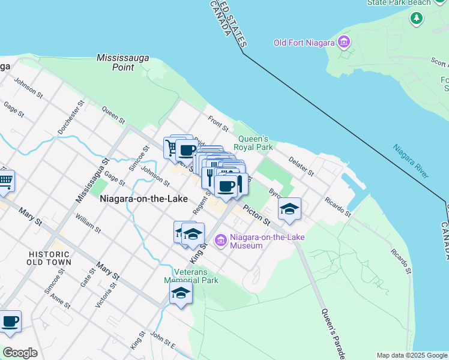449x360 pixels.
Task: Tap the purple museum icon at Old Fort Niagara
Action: pyautogui.click(x=344, y=42)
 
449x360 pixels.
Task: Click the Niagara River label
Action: pyautogui.click(x=411, y=161)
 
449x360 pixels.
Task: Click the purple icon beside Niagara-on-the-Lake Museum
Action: pyautogui.click(x=221, y=241)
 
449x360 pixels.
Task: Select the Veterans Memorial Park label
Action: pyautogui.click(x=191, y=275)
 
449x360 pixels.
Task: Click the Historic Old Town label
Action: pyautogui.click(x=49, y=258)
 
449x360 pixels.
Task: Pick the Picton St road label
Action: pyautogui.click(x=257, y=214)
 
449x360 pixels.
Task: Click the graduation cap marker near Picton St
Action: pyautogui.click(x=289, y=209)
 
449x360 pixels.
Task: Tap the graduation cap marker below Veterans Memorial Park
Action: pyautogui.click(x=180, y=294)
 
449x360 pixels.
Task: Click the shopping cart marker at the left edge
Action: pyautogui.click(x=5, y=181)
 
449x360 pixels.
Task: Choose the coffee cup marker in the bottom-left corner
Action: pyautogui.click(x=10, y=322)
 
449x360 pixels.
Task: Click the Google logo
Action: pyautogui.click(x=20, y=353)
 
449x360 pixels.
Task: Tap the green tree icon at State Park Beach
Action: pyautogui.click(x=416, y=18)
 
